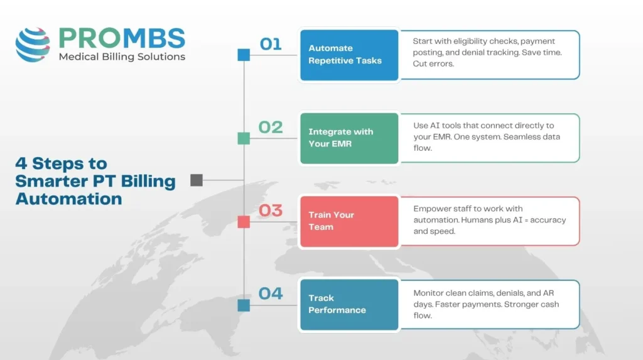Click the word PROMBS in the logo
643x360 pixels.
122,38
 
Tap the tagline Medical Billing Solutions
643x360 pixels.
122,57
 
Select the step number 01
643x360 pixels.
271,44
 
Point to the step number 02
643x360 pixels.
271,127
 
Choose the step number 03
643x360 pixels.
271,210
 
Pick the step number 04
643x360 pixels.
271,293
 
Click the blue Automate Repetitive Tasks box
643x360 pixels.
349,55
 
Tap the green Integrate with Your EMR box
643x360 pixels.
349,138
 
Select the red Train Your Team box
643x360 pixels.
349,221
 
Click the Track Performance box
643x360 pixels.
349,304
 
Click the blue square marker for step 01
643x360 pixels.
244,55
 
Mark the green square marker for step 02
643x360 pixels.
244,138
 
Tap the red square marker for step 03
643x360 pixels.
244,221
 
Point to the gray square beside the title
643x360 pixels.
197,180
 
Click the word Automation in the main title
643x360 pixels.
69,199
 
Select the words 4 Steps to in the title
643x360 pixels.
61,163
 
